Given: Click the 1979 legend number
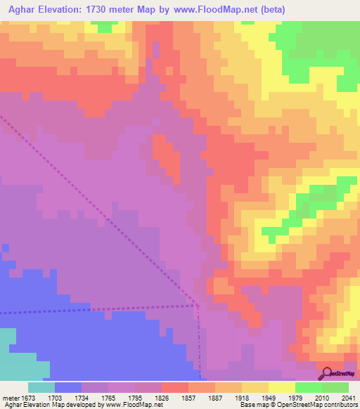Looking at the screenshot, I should point(295,397).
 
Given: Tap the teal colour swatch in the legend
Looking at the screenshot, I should point(41,387).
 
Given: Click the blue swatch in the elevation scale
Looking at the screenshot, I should point(67,387).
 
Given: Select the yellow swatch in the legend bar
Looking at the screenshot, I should point(281,387).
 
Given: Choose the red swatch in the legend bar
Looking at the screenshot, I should point(174,387).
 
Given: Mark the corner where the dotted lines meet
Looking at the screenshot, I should point(198,306).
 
